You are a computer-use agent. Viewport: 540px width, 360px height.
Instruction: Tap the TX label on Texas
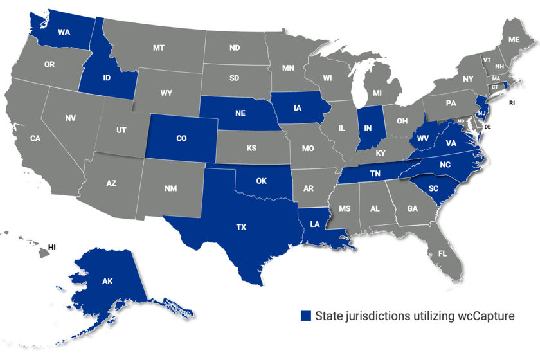coord(242,228)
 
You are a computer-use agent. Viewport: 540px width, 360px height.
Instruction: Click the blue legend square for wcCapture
coord(306,315)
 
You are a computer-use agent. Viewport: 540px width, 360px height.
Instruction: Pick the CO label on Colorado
coord(181,138)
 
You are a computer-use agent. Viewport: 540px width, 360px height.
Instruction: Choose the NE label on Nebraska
coord(240,113)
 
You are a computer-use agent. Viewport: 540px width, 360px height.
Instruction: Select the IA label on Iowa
coord(298,109)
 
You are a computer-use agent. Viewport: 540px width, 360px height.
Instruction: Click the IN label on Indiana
coord(368,128)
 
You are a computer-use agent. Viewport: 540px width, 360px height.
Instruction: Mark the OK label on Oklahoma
coord(261,181)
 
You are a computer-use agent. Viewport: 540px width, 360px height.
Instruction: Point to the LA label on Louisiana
coord(314,224)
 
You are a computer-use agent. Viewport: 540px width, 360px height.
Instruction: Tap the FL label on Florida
coord(443,253)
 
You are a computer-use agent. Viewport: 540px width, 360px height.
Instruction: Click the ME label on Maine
coord(514,40)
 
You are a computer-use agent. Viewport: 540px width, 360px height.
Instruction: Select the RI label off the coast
coord(513,102)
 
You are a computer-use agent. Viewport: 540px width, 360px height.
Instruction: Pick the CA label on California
coord(35,138)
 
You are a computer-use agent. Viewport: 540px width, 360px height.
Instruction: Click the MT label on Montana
coord(159,48)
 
